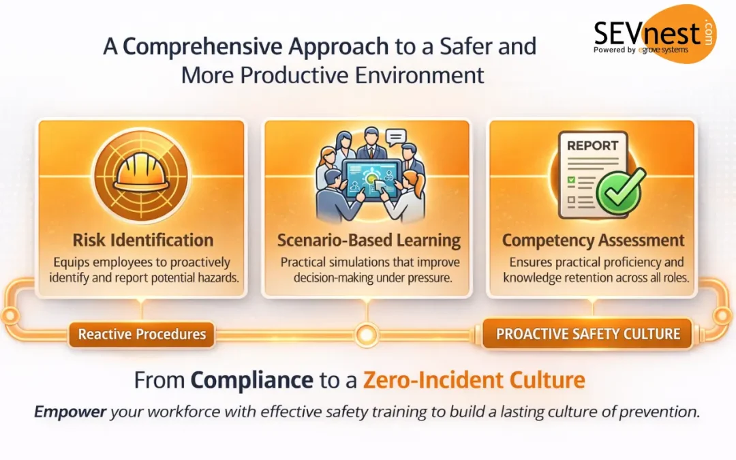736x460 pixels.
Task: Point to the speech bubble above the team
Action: (x=395, y=137)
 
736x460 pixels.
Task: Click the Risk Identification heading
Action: (x=143, y=240)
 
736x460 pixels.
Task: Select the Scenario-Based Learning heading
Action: (x=369, y=241)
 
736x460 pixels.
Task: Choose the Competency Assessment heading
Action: (x=593, y=241)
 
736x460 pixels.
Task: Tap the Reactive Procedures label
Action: (x=142, y=334)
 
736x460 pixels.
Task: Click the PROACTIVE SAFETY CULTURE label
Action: (x=588, y=334)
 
